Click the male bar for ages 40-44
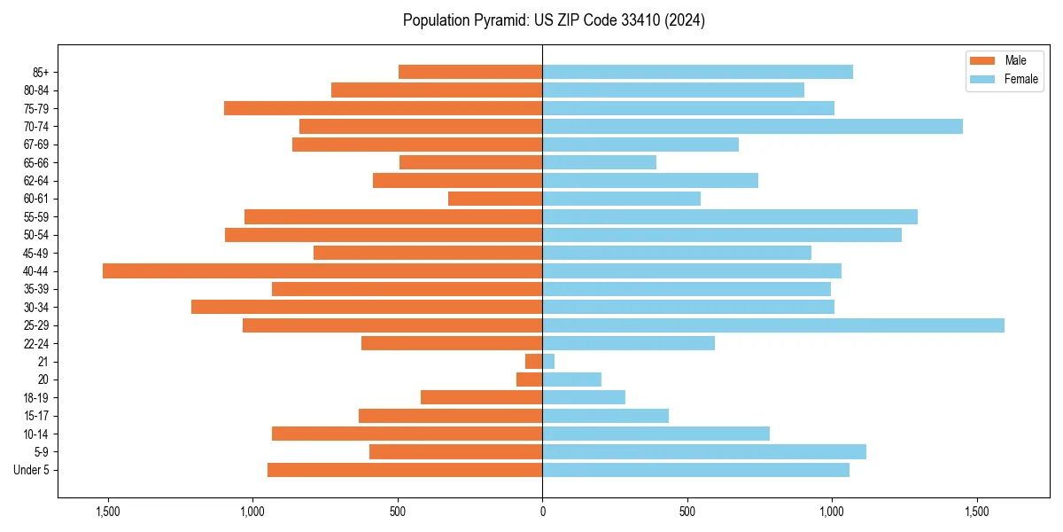(322, 270)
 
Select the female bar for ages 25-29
(773, 325)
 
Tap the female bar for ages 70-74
(752, 126)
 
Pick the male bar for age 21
(534, 362)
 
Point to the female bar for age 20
(572, 379)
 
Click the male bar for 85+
(470, 72)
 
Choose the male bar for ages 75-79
(383, 108)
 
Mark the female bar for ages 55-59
(730, 216)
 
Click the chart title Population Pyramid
(554, 20)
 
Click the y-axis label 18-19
(36, 398)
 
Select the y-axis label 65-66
(36, 162)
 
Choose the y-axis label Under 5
(32, 470)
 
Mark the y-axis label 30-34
(36, 307)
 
